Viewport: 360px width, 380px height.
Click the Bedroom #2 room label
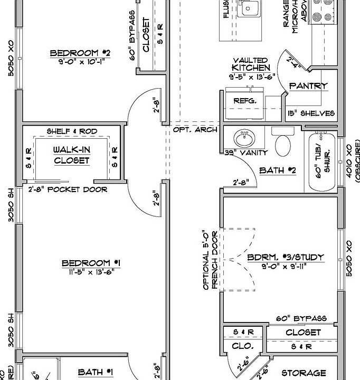[x=80, y=53]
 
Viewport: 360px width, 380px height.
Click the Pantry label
[x=308, y=85]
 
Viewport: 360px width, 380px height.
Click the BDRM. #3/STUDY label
[x=286, y=258]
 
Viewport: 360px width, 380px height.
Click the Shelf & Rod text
[x=72, y=131]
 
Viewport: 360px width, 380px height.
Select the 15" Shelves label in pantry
[x=311, y=113]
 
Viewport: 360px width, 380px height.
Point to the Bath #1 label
[x=95, y=372]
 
